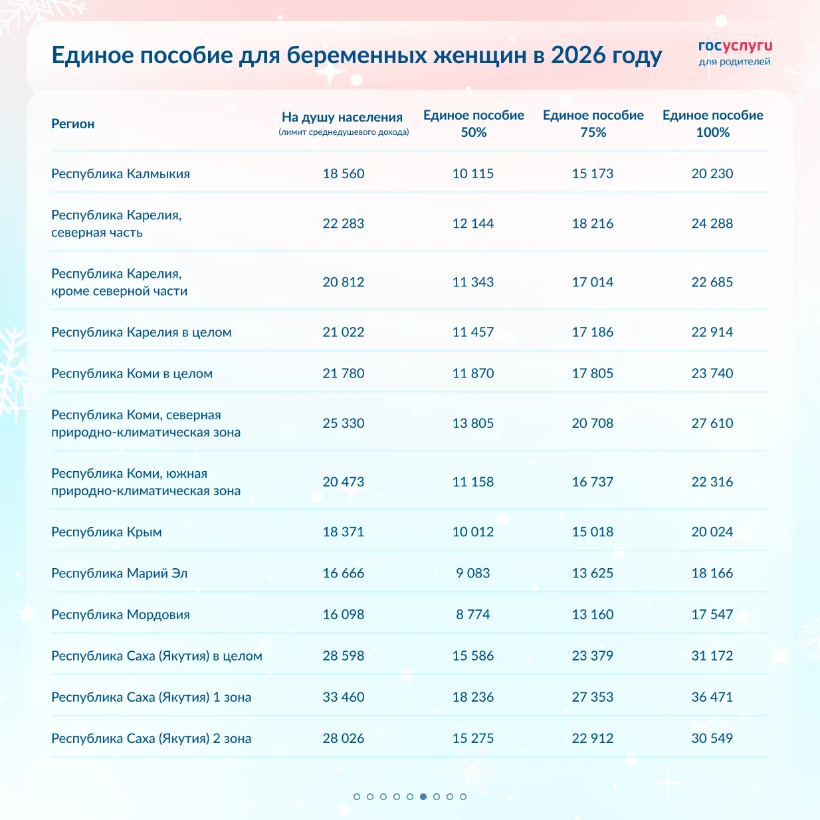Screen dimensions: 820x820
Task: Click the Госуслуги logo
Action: (x=735, y=52)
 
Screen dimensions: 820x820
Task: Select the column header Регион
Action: (x=73, y=124)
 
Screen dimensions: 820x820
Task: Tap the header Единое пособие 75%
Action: (x=593, y=124)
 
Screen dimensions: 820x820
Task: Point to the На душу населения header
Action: (x=342, y=118)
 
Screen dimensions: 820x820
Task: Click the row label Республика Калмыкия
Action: (x=120, y=173)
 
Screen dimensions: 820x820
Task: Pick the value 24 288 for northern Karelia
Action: (x=712, y=223)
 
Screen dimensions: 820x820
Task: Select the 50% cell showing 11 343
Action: (x=473, y=282)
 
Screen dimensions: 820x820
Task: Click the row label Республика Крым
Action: (x=106, y=532)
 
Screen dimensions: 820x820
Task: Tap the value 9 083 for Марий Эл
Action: (x=473, y=573)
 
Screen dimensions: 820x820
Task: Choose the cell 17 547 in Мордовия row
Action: (x=712, y=614)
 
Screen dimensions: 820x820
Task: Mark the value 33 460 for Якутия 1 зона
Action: (x=343, y=697)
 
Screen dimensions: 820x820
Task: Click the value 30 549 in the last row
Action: (x=712, y=738)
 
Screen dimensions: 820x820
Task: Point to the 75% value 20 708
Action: (x=593, y=423)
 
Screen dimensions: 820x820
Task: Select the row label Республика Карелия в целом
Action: (x=141, y=332)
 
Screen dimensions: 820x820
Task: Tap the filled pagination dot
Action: (x=423, y=796)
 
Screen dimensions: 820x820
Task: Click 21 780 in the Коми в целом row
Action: (x=343, y=373)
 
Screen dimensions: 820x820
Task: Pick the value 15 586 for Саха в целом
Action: (x=473, y=656)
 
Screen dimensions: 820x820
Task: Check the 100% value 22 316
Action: (x=712, y=482)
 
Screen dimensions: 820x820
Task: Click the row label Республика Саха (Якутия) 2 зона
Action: (x=151, y=738)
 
